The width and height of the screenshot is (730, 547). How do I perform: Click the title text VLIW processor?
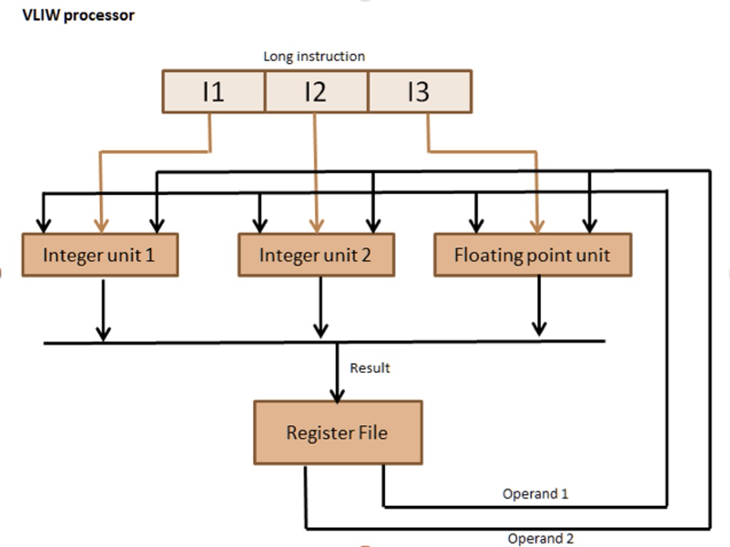(78, 15)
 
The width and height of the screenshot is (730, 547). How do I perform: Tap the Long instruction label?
(314, 56)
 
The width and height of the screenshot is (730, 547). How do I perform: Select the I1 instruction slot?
(213, 91)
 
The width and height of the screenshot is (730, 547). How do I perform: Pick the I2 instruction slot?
(316, 91)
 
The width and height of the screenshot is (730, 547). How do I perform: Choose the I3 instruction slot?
(419, 91)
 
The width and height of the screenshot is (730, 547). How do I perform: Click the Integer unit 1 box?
(100, 255)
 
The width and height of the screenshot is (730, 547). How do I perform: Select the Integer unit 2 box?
(316, 255)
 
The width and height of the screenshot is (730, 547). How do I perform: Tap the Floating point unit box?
(533, 255)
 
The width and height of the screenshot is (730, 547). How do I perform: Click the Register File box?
(338, 432)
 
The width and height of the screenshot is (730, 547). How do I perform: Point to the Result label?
(369, 368)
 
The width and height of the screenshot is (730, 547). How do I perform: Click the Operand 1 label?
(535, 494)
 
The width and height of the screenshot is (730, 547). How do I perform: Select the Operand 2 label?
(540, 538)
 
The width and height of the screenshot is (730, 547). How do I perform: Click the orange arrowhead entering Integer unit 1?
(101, 225)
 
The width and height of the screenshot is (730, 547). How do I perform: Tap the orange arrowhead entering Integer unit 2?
(317, 225)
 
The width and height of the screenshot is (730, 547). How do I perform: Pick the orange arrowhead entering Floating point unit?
(537, 225)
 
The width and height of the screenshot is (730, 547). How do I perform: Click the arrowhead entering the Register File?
(337, 394)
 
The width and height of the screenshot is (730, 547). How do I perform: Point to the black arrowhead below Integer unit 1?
(103, 332)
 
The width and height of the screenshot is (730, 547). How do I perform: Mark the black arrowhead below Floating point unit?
(539, 329)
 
